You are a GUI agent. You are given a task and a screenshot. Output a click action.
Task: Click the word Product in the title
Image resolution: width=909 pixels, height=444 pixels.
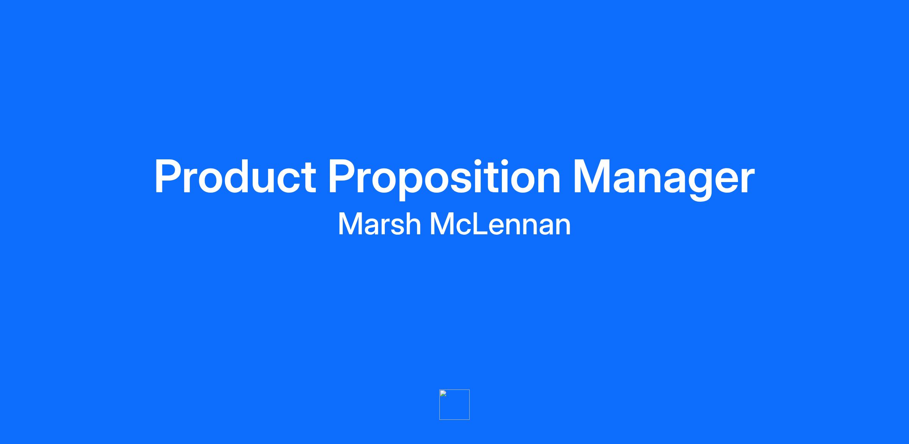click(235, 176)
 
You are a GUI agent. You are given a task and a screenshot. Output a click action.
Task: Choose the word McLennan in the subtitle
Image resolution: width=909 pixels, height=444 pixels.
click(500, 224)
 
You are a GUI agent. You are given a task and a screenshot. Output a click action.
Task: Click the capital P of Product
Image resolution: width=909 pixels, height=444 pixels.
click(168, 176)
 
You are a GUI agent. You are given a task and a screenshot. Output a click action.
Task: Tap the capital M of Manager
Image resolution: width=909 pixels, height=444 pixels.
click(592, 176)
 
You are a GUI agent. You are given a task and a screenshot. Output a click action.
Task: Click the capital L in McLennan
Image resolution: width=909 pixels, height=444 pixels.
click(479, 224)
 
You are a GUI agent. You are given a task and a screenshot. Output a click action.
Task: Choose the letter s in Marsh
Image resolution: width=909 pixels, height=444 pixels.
click(394, 227)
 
